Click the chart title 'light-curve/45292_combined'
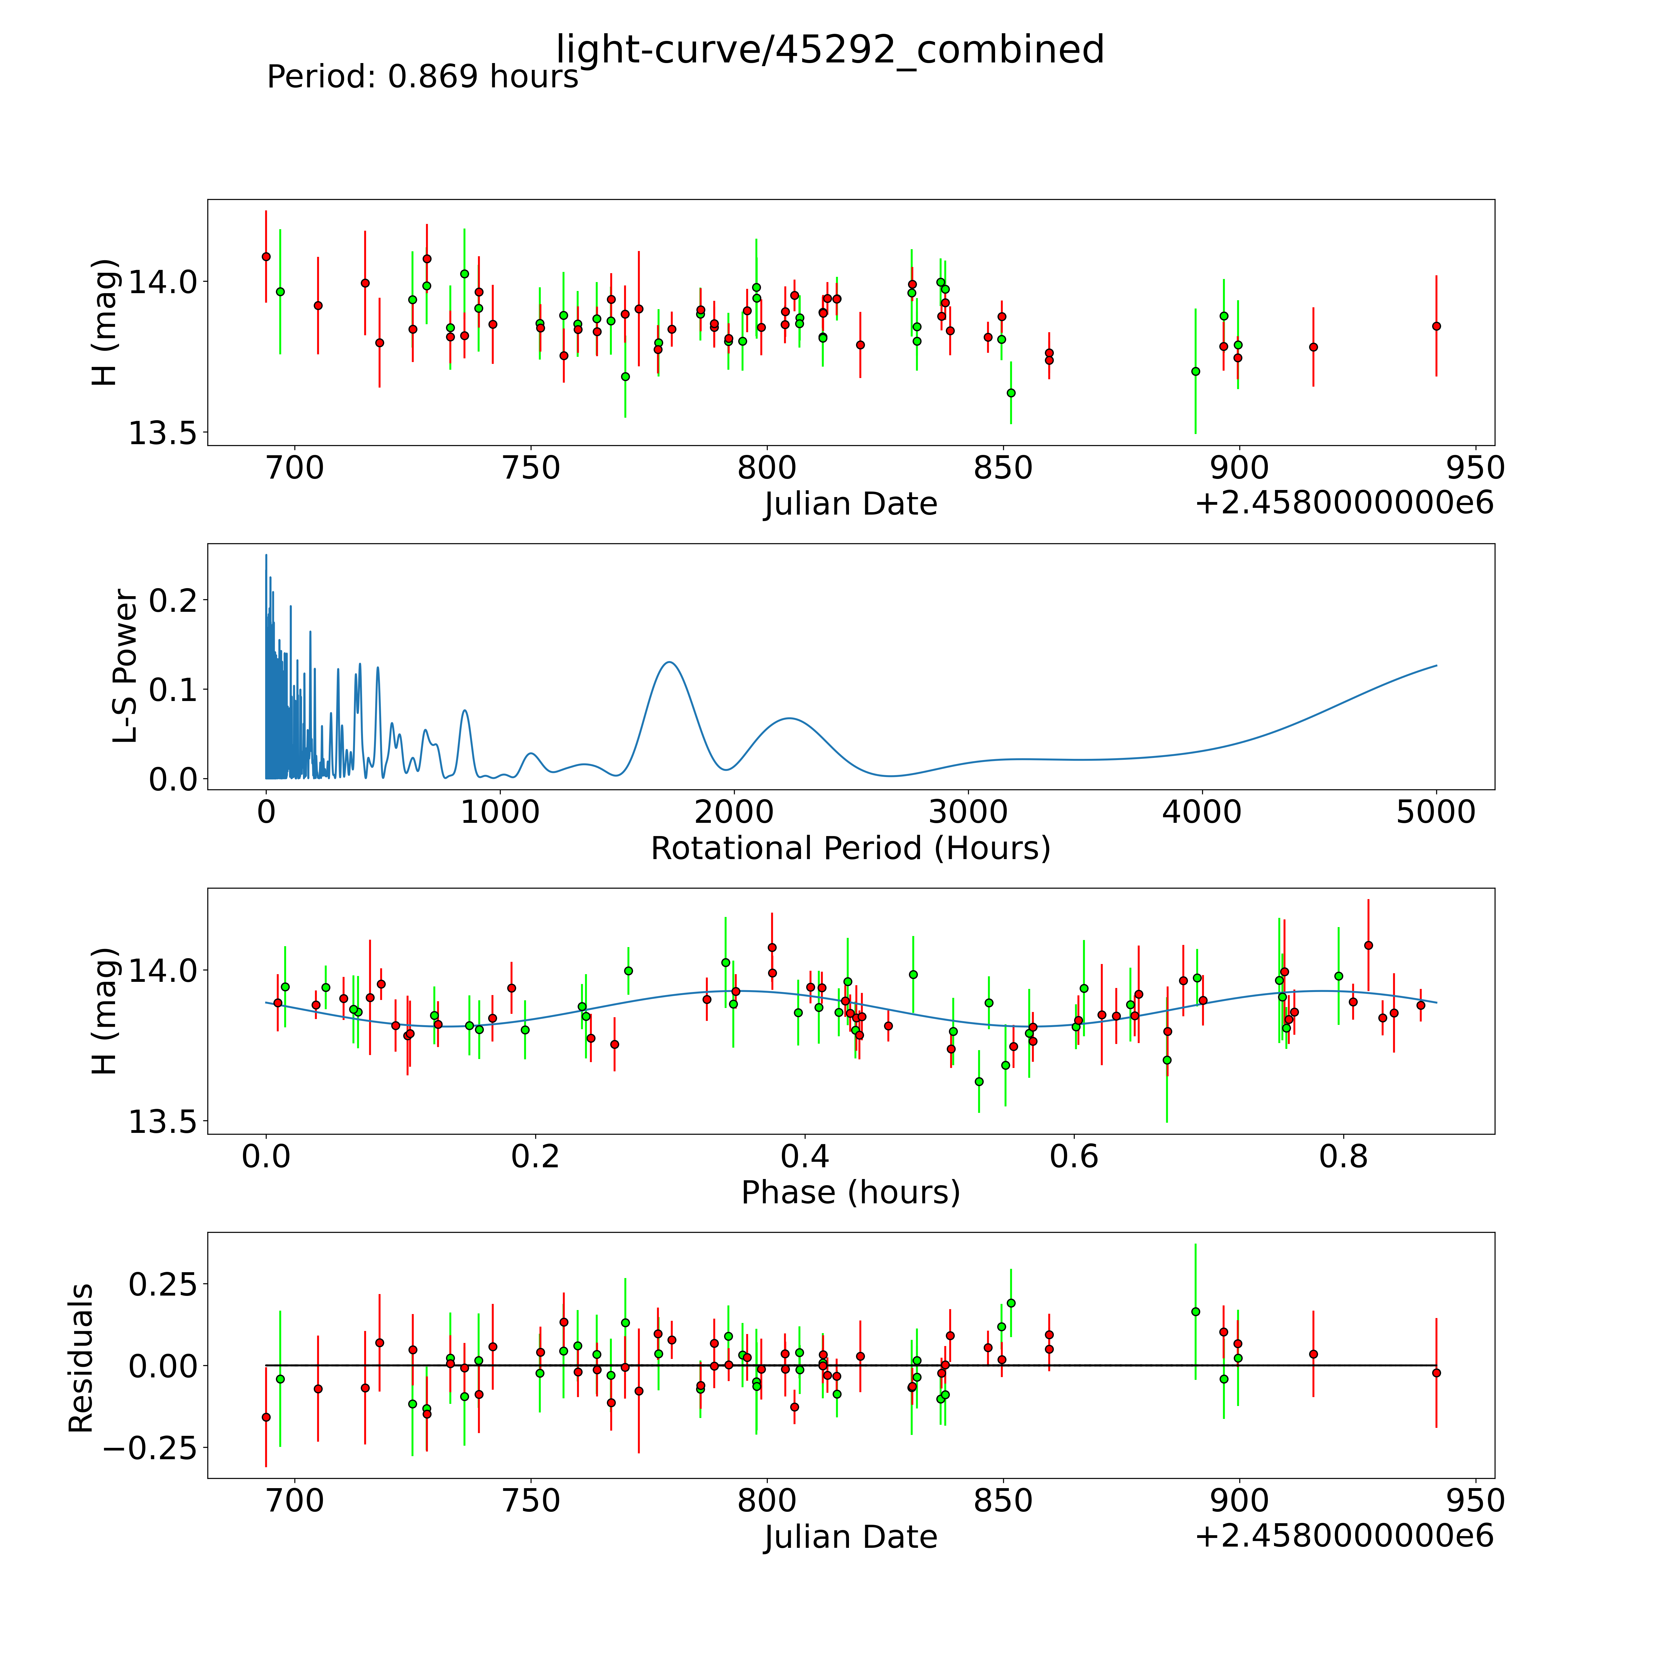(830, 50)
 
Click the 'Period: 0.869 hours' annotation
(422, 78)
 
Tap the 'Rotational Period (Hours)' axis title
(850, 849)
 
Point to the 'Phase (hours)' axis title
(850, 1193)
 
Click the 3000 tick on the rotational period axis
(968, 812)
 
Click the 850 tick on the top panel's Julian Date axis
(1002, 468)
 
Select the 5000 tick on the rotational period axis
(1436, 812)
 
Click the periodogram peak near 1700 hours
(668, 662)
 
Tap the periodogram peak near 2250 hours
(789, 718)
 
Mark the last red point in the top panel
(1436, 326)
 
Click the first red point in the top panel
(266, 256)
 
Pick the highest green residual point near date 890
(1195, 1311)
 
